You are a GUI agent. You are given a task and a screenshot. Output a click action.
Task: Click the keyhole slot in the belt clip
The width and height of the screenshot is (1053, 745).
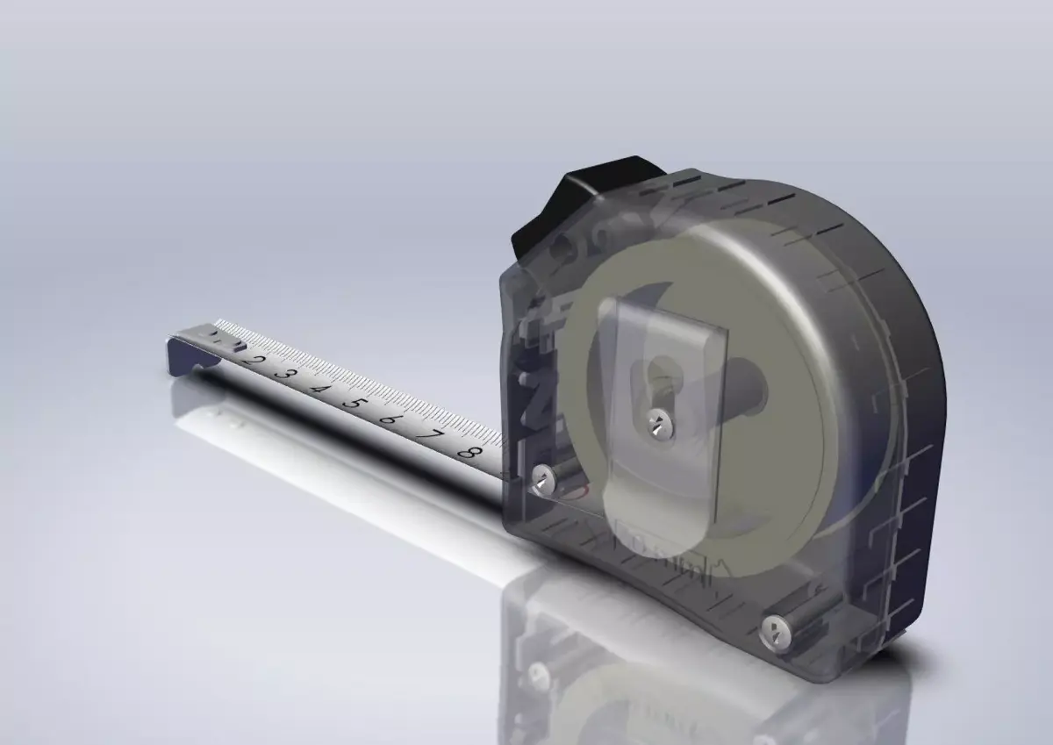click(660, 377)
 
